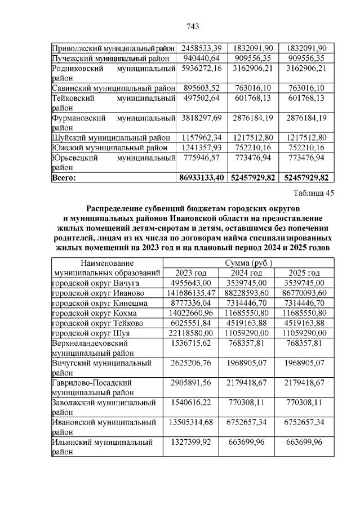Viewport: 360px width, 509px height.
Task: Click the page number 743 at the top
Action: point(193,26)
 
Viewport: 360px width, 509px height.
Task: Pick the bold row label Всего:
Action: point(64,177)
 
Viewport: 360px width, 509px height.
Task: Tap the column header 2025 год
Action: point(304,273)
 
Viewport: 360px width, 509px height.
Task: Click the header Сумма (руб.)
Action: point(248,263)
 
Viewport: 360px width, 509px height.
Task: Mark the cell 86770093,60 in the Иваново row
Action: point(304,293)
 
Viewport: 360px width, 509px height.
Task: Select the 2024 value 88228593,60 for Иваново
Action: point(248,293)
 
